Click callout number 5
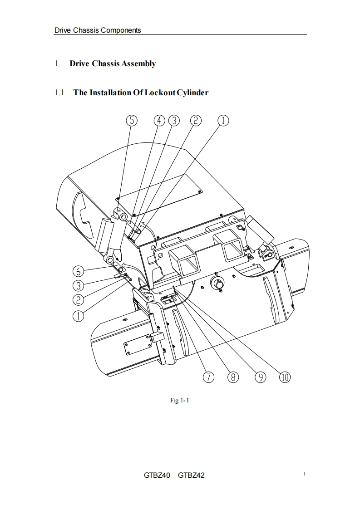(x=131, y=120)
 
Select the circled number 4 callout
(x=159, y=120)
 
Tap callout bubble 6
(x=79, y=271)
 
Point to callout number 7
(x=208, y=377)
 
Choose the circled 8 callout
(x=233, y=377)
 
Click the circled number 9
(x=260, y=377)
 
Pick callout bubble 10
(x=285, y=377)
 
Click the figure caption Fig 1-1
(x=179, y=400)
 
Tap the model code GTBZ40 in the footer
(x=157, y=475)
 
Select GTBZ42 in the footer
(x=191, y=475)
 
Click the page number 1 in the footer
(x=305, y=474)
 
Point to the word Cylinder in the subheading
(x=191, y=93)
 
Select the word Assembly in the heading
(x=138, y=64)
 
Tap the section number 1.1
(x=59, y=93)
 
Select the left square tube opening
(x=185, y=262)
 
